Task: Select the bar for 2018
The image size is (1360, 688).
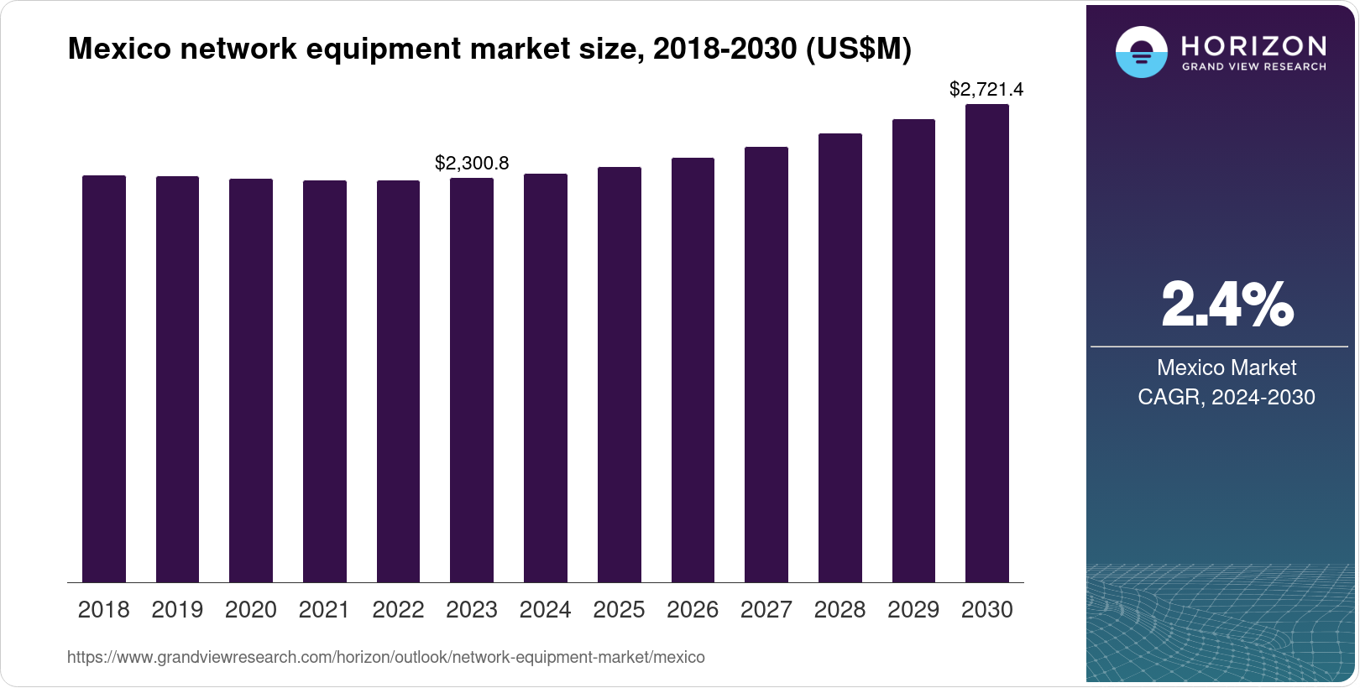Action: (104, 378)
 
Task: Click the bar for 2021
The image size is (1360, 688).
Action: (325, 381)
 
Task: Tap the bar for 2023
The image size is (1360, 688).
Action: (472, 380)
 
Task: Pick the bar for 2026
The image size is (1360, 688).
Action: (693, 370)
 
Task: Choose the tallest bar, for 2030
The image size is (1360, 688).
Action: (987, 343)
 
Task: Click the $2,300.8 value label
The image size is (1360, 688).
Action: (472, 164)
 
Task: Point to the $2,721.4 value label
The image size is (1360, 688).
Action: (986, 89)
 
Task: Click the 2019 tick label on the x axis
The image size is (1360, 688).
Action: (177, 610)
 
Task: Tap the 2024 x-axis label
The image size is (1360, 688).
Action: (546, 610)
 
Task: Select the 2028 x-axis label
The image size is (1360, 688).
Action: (840, 610)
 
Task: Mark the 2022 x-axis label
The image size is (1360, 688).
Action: (398, 610)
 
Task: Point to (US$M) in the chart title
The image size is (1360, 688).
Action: (858, 50)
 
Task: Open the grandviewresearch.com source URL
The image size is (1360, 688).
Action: (386, 658)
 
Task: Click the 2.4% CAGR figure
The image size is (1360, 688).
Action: (1227, 305)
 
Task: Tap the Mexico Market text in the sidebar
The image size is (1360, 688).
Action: (1227, 367)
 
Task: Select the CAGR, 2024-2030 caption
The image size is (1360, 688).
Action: (1227, 397)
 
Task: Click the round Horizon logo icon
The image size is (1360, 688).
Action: (1141, 52)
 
